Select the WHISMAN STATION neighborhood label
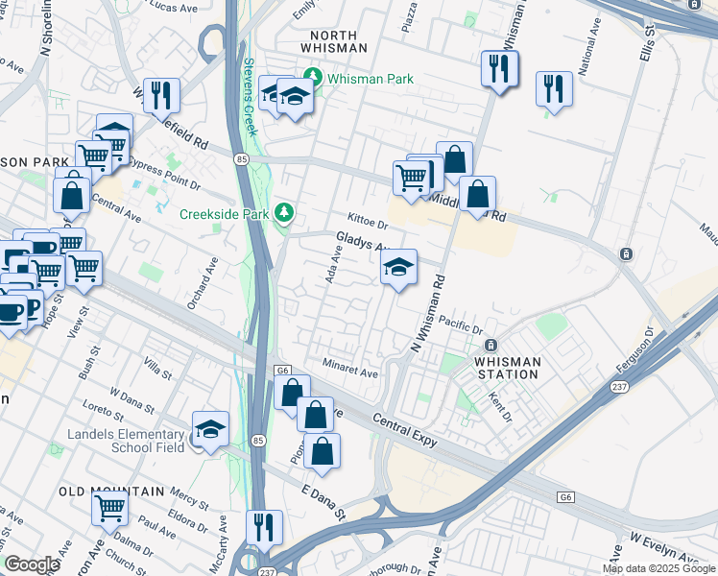coord(494,368)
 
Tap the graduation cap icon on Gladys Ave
coord(399,268)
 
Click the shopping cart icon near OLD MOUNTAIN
coord(110,505)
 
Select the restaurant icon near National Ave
coord(554,88)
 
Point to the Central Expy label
coord(402,433)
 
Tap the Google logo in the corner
coord(32,564)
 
